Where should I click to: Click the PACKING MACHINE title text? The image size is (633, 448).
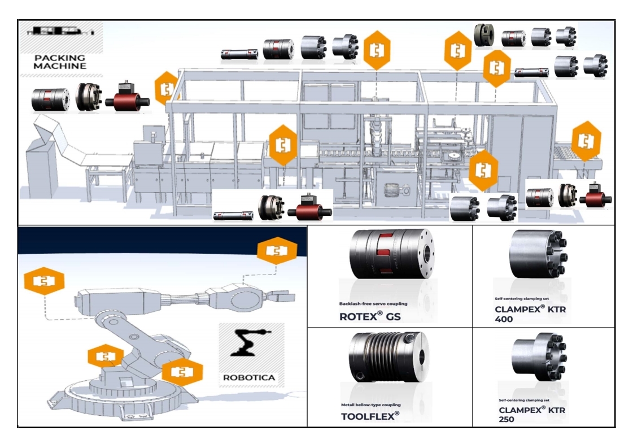(60, 62)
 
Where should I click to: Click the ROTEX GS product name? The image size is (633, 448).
(370, 316)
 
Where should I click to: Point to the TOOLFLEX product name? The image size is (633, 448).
(370, 416)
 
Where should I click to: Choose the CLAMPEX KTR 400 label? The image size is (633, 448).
(530, 314)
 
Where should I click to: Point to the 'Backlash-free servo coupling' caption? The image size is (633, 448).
(373, 304)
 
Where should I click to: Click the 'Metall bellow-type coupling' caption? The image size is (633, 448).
(371, 404)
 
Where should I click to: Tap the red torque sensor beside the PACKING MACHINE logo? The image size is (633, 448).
(130, 98)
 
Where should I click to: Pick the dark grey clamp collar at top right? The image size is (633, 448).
(485, 35)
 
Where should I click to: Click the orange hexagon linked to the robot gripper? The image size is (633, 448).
(277, 251)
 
